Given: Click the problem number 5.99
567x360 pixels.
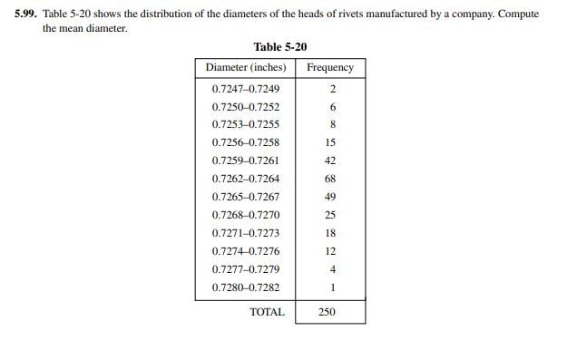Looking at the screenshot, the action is (x=27, y=15).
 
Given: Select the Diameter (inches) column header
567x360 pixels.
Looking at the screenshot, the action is (x=245, y=68).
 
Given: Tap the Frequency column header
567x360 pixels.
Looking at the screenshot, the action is (x=330, y=68).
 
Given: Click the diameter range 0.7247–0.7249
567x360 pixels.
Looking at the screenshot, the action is (x=245, y=89).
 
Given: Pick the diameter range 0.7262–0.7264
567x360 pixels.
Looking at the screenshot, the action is (x=245, y=179).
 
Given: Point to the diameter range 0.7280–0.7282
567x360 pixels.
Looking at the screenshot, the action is (x=245, y=287).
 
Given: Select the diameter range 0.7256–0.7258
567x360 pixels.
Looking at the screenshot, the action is (x=245, y=142).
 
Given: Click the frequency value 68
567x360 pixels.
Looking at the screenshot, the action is (x=330, y=179).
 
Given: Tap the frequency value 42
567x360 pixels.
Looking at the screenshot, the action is (x=330, y=161).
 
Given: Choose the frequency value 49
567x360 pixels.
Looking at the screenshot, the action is (x=330, y=197).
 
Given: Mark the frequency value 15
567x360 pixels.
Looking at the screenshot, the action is (x=330, y=142).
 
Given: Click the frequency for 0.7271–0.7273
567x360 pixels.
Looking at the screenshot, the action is (x=330, y=233).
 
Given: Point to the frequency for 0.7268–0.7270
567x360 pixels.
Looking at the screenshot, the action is (x=330, y=215).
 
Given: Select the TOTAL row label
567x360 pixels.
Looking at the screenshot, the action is (x=267, y=312).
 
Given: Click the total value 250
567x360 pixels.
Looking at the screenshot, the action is (x=327, y=312).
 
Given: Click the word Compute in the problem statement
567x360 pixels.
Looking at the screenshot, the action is (x=518, y=15).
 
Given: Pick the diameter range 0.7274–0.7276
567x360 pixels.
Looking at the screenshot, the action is (x=245, y=251).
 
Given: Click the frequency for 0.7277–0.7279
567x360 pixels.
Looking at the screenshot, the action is (x=332, y=269).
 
